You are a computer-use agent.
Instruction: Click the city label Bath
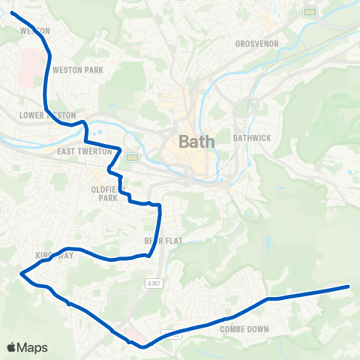click(196, 141)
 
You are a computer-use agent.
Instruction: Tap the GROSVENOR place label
click(256, 43)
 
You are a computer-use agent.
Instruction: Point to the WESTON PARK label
click(78, 70)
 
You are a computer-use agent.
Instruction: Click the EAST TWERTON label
click(84, 151)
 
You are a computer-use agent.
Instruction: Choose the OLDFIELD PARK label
click(103, 193)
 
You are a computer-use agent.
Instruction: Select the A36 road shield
click(133, 157)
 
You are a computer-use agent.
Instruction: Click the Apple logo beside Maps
click(12, 347)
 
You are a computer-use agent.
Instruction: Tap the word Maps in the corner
click(32, 347)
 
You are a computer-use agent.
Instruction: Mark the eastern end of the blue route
click(349, 286)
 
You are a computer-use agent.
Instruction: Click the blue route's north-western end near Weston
click(11, 13)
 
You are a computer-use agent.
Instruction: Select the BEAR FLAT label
click(158, 241)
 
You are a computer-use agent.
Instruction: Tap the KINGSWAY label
click(51, 255)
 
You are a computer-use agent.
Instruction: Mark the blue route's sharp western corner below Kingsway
click(20, 274)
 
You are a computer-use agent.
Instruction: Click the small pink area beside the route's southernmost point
click(133, 334)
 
